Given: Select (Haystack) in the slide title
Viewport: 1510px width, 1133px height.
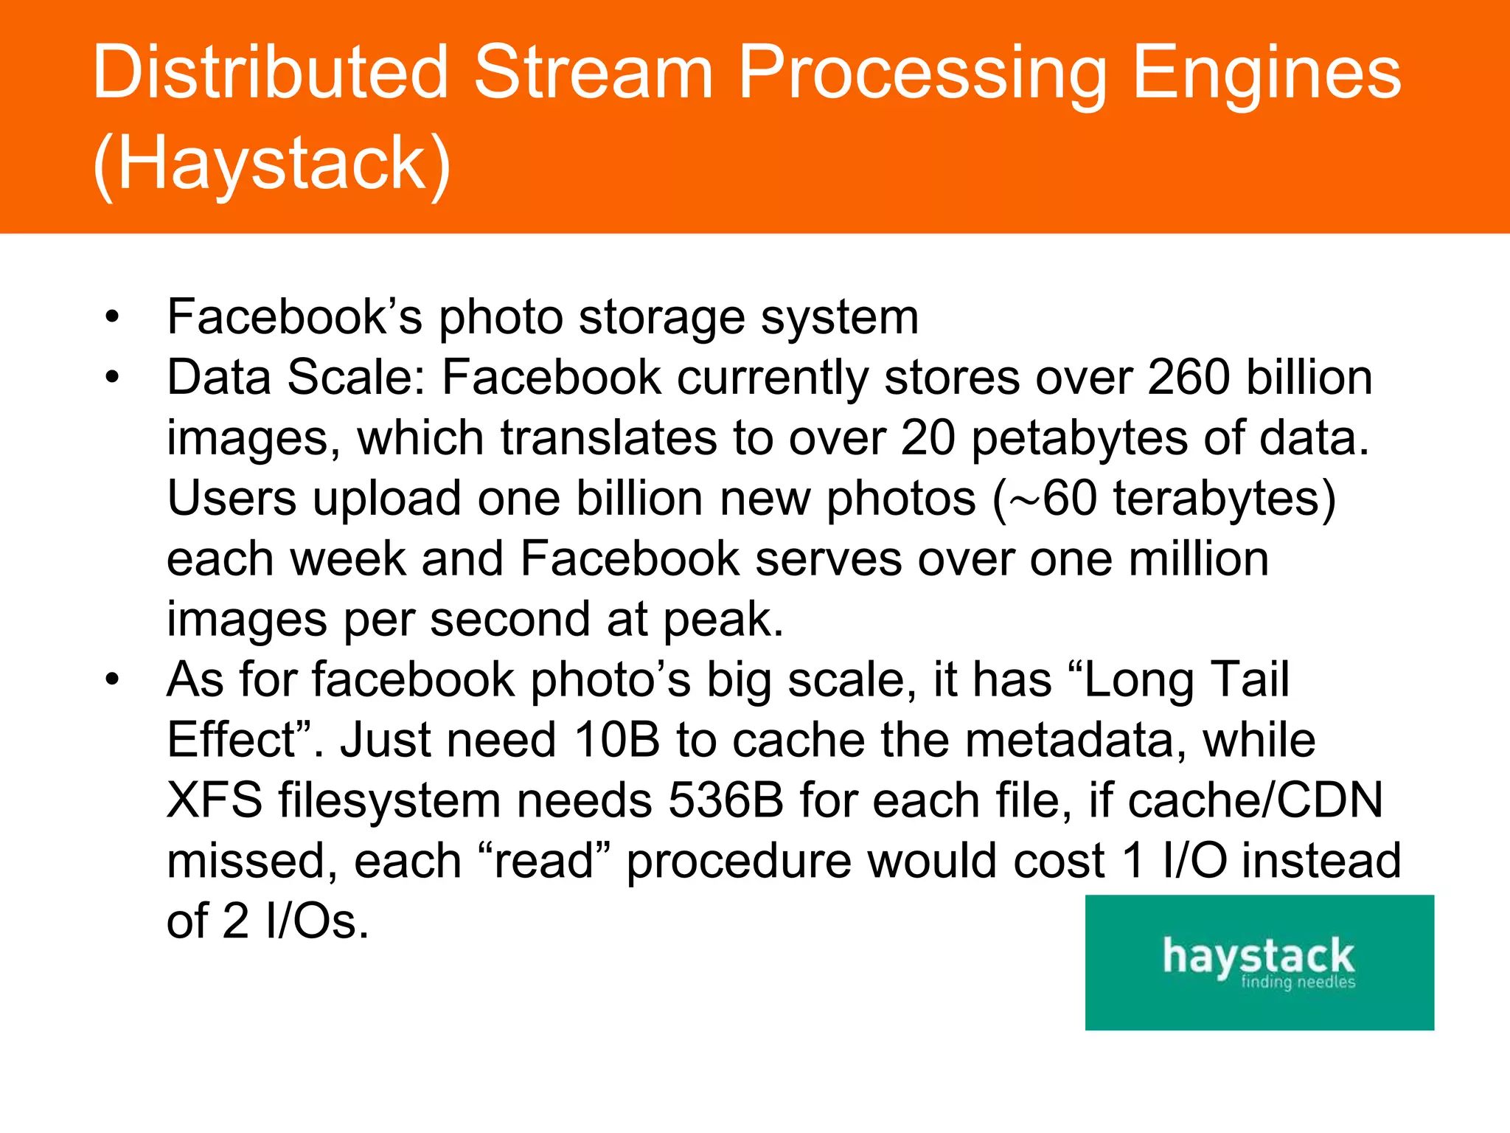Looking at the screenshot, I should pos(272,164).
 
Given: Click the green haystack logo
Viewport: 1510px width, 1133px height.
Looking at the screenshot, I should pos(1259,962).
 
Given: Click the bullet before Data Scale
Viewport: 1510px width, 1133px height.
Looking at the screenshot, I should pos(112,378).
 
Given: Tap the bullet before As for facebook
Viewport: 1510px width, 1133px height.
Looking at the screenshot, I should pos(112,680).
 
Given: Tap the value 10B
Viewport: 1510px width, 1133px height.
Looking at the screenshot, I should pos(616,741).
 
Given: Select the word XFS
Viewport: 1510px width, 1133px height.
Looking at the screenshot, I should pos(215,801).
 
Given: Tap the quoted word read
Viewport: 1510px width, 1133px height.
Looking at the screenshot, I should pos(544,862).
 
